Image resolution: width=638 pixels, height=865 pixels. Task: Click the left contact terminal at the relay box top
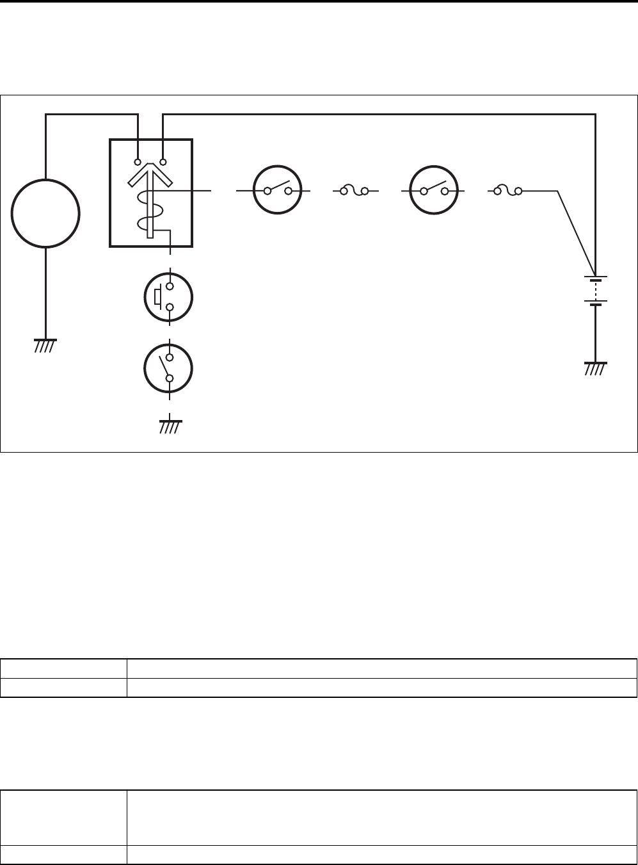point(138,162)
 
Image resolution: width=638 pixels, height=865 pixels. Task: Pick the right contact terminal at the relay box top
point(163,162)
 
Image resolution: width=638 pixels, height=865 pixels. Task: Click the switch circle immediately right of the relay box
point(278,191)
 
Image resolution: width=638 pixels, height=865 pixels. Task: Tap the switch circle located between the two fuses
point(433,191)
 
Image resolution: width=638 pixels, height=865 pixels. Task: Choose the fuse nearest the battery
point(511,191)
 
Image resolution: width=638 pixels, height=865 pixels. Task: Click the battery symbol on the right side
point(596,291)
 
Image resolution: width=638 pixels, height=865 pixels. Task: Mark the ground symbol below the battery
point(596,368)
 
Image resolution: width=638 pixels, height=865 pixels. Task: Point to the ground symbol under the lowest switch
point(169,426)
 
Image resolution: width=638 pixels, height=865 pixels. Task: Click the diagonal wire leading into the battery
point(576,230)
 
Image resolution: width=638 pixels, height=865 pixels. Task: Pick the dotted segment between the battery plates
point(596,291)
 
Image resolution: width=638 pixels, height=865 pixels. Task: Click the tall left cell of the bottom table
point(63,818)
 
